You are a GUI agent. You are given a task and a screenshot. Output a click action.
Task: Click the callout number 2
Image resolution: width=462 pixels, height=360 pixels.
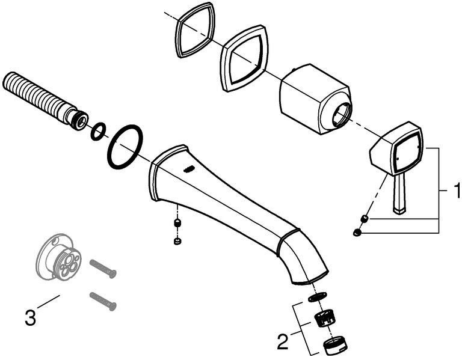(x=283, y=341)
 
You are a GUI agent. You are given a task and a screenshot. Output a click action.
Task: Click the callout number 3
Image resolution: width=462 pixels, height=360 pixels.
(x=30, y=317)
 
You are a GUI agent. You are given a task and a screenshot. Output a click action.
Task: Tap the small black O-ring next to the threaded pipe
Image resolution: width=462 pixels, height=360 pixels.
(x=98, y=131)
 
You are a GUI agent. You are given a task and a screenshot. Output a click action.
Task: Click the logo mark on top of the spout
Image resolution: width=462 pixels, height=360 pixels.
(x=188, y=169)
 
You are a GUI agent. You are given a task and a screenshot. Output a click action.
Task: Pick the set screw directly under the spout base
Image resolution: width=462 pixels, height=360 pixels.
(x=177, y=223)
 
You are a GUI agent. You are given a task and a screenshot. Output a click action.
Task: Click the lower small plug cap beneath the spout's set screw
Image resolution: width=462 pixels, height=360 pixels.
(x=177, y=242)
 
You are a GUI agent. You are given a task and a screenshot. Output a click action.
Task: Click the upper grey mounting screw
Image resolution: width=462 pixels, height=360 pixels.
(x=103, y=269)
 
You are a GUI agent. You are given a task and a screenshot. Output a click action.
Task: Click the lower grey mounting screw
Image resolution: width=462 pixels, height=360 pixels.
(x=103, y=301)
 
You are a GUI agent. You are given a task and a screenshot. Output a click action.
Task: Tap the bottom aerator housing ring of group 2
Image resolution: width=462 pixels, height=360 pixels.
(x=336, y=346)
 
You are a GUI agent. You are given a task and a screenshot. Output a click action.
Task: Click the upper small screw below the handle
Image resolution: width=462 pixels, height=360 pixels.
(x=365, y=219)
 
